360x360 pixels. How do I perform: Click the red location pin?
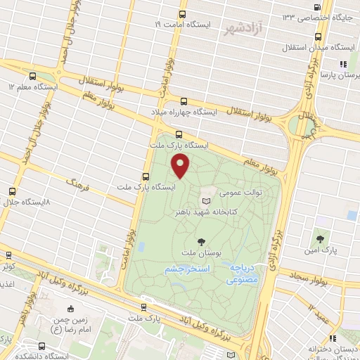click(x=181, y=166)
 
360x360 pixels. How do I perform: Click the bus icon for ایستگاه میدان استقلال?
click(x=319, y=37)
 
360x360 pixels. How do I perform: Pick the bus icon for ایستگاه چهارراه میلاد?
click(x=184, y=101)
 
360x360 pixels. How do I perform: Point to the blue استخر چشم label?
click(x=184, y=269)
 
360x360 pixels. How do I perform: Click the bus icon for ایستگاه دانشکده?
click(x=42, y=346)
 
